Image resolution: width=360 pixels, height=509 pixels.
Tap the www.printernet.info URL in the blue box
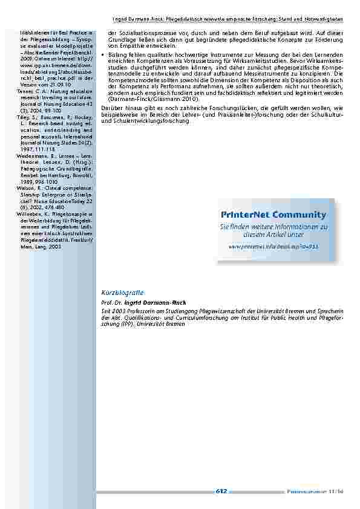pos(273,247)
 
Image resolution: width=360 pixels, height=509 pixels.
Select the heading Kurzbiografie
pos(119,293)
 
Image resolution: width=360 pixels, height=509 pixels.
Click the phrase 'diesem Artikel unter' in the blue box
pos(273,234)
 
